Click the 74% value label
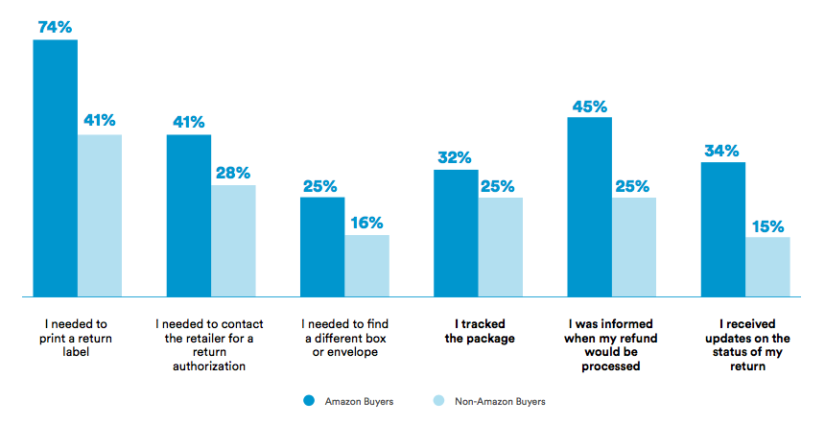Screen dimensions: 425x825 coord(55,27)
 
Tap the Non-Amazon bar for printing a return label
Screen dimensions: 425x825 coord(100,215)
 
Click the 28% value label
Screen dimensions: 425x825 coord(233,173)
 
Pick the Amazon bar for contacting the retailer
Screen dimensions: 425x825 coord(189,215)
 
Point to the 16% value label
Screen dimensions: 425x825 coord(366,223)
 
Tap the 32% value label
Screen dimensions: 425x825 coord(456,157)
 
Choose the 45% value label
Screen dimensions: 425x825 coord(589,106)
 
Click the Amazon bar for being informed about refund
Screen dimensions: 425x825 coord(589,206)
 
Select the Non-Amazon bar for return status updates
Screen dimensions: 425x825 coord(767,266)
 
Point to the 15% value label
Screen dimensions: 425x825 coord(767,226)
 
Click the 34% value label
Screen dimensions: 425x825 coord(723,151)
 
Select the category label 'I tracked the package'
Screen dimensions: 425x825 coord(480,331)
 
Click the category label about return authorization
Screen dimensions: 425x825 coord(210,344)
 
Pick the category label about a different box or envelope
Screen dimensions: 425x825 coord(345,338)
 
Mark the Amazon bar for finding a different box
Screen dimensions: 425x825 coord(322,247)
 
